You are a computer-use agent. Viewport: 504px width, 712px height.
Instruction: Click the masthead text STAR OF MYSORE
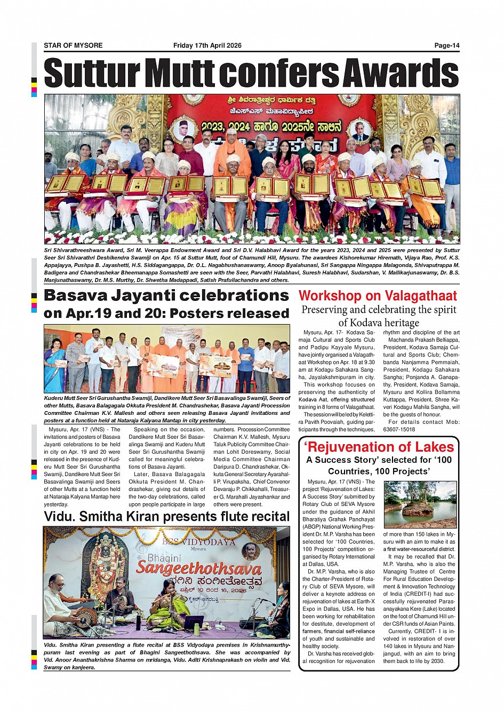pyautogui.click(x=73, y=45)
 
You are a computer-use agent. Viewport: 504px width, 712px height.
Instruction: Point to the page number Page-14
pyautogui.click(x=446, y=45)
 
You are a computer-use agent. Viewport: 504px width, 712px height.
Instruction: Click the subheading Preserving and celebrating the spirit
pyautogui.click(x=379, y=309)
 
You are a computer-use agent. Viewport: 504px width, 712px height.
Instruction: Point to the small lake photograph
pyautogui.click(x=420, y=504)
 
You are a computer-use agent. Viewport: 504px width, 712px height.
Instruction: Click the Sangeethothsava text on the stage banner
pyautogui.click(x=198, y=568)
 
